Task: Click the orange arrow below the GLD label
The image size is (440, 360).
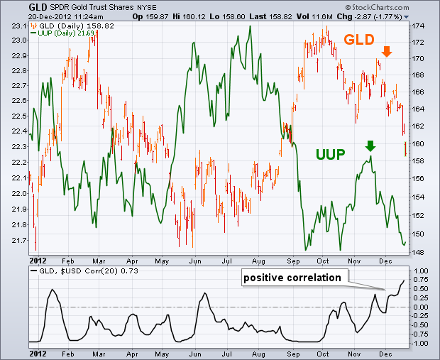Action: pos(386,51)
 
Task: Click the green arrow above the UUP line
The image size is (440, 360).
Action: pos(370,146)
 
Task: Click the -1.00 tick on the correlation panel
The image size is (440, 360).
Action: pos(419,343)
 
